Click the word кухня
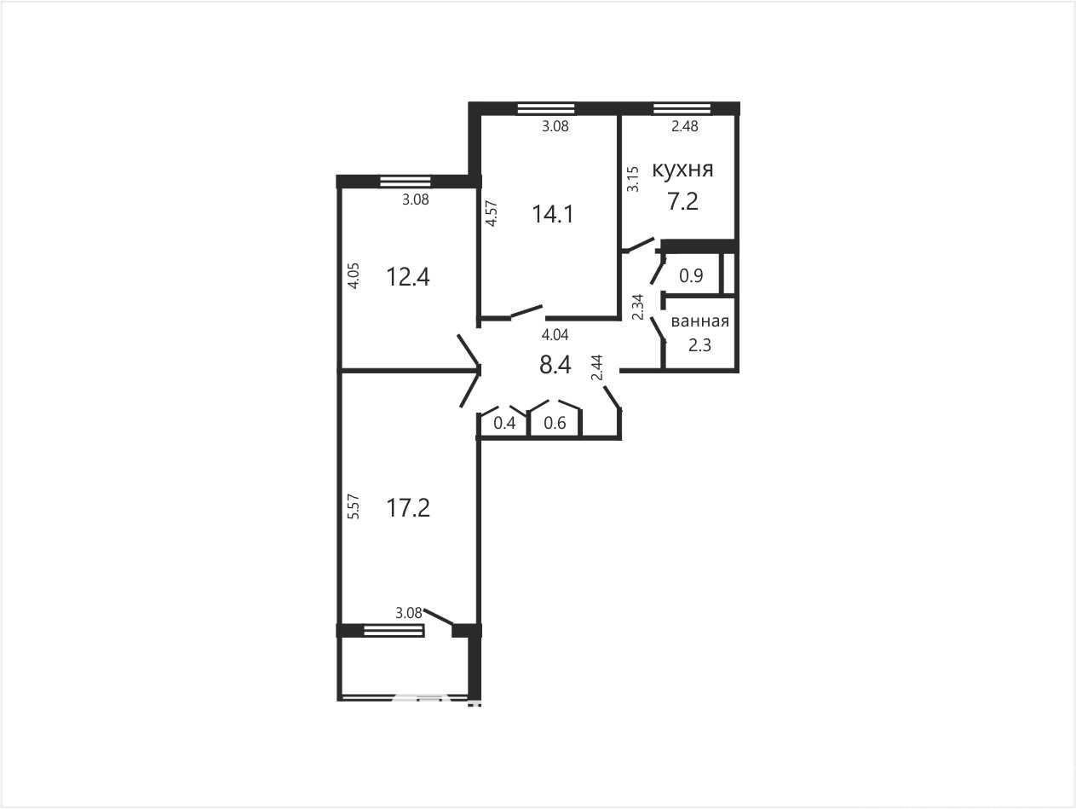point(682,170)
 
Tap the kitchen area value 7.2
point(683,201)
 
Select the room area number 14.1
point(553,214)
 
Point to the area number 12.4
point(408,277)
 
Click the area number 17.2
point(408,507)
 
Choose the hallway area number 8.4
point(555,365)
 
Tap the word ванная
point(700,321)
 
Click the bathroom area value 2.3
point(699,345)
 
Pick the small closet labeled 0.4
point(504,423)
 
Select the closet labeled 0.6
point(555,423)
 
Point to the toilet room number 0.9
point(691,276)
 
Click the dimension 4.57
point(492,213)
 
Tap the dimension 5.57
point(354,506)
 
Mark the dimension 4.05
point(354,275)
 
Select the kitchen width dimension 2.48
point(685,126)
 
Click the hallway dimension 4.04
point(555,335)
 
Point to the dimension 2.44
point(596,367)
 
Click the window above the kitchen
point(682,108)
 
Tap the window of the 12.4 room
point(406,182)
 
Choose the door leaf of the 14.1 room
point(527,312)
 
